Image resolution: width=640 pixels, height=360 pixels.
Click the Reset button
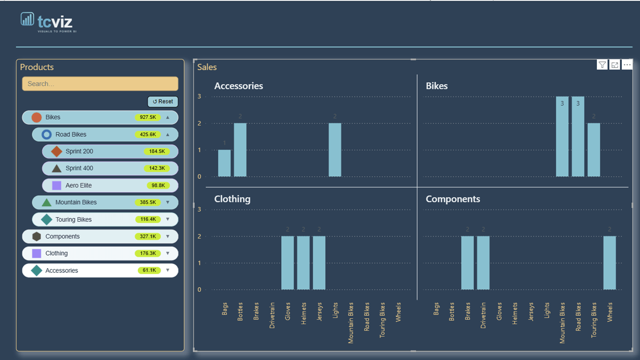[x=163, y=102]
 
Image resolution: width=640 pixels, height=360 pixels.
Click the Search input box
[x=100, y=83]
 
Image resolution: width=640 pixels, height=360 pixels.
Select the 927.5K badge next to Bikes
[x=148, y=117]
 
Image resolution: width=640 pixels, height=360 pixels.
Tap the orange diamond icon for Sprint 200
[x=57, y=151]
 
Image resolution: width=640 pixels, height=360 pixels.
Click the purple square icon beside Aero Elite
[x=57, y=185]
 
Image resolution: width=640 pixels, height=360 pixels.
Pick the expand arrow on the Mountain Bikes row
[x=168, y=202]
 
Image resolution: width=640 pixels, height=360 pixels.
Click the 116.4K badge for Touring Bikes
[x=148, y=219]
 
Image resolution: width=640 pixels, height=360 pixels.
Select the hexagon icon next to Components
[x=37, y=236]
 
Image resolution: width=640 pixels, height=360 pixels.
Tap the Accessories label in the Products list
[x=62, y=270]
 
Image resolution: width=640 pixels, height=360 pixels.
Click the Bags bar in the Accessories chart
[x=224, y=163]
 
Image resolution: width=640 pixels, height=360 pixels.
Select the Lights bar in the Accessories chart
[x=335, y=150]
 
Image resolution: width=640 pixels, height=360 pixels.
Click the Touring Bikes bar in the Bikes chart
[x=594, y=150]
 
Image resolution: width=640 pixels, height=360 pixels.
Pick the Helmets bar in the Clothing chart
[x=303, y=263]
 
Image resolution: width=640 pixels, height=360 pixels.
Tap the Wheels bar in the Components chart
[x=610, y=263]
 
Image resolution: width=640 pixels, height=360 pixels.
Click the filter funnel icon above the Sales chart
[x=602, y=65]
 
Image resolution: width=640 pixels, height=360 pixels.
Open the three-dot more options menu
[x=627, y=65]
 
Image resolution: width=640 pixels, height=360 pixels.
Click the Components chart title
[x=453, y=199]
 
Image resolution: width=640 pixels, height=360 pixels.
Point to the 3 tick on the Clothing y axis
[x=199, y=210]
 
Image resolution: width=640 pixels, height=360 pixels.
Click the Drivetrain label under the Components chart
[x=483, y=315]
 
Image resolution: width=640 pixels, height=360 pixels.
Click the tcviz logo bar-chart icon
[x=27, y=19]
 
